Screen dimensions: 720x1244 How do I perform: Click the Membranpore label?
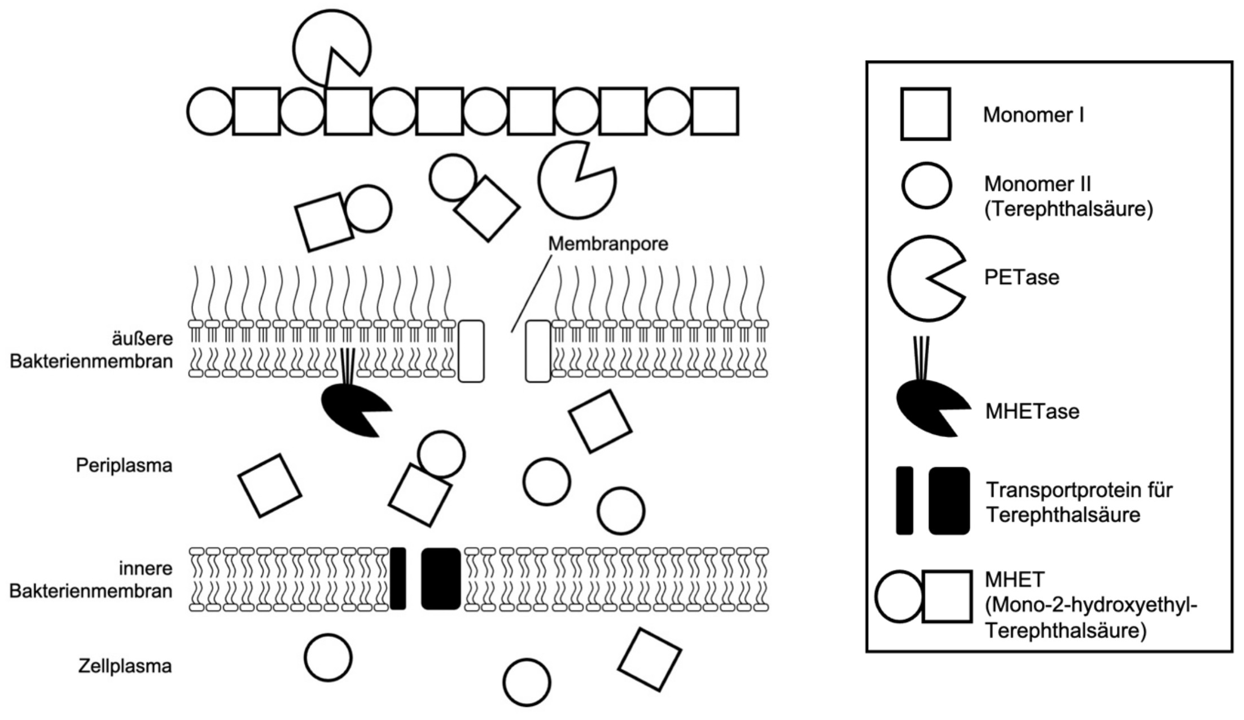tap(608, 244)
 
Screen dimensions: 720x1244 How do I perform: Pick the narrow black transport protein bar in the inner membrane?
tap(398, 578)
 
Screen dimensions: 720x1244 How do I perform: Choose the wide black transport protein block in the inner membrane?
tap(441, 578)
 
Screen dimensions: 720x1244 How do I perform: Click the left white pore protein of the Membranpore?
tap(471, 351)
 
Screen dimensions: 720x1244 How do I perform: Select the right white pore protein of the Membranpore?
tap(538, 351)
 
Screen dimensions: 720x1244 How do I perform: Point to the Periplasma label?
tap(124, 465)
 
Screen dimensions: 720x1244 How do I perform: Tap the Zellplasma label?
tap(125, 666)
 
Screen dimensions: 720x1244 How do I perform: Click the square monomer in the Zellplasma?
tap(650, 659)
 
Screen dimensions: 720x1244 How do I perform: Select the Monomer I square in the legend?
tap(925, 114)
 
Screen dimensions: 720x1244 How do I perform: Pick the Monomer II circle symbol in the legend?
tap(926, 185)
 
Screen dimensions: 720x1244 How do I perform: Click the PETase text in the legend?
tap(1022, 277)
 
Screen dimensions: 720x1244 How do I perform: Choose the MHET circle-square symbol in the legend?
tap(923, 596)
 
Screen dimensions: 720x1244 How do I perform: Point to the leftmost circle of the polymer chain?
tap(210, 111)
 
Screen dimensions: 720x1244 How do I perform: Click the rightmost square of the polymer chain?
tap(715, 111)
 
